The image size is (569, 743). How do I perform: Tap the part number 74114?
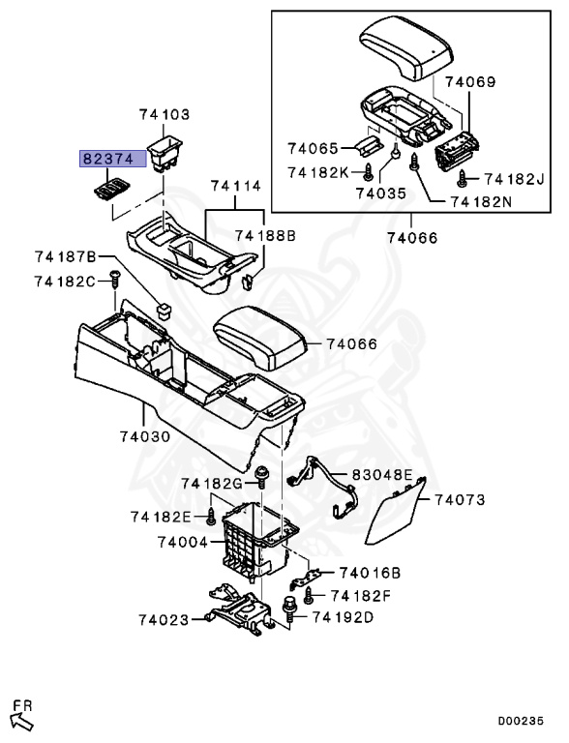click(x=236, y=186)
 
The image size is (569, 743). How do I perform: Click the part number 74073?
click(x=460, y=500)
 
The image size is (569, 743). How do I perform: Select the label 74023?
click(x=164, y=619)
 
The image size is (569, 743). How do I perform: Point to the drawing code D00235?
click(x=528, y=721)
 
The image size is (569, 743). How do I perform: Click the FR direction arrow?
click(x=21, y=718)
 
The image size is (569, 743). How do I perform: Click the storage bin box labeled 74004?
click(x=254, y=547)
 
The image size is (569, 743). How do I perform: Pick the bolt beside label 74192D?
click(x=290, y=609)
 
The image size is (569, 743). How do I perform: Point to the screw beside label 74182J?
click(x=463, y=178)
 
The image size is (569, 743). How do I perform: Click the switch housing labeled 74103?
click(x=165, y=150)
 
